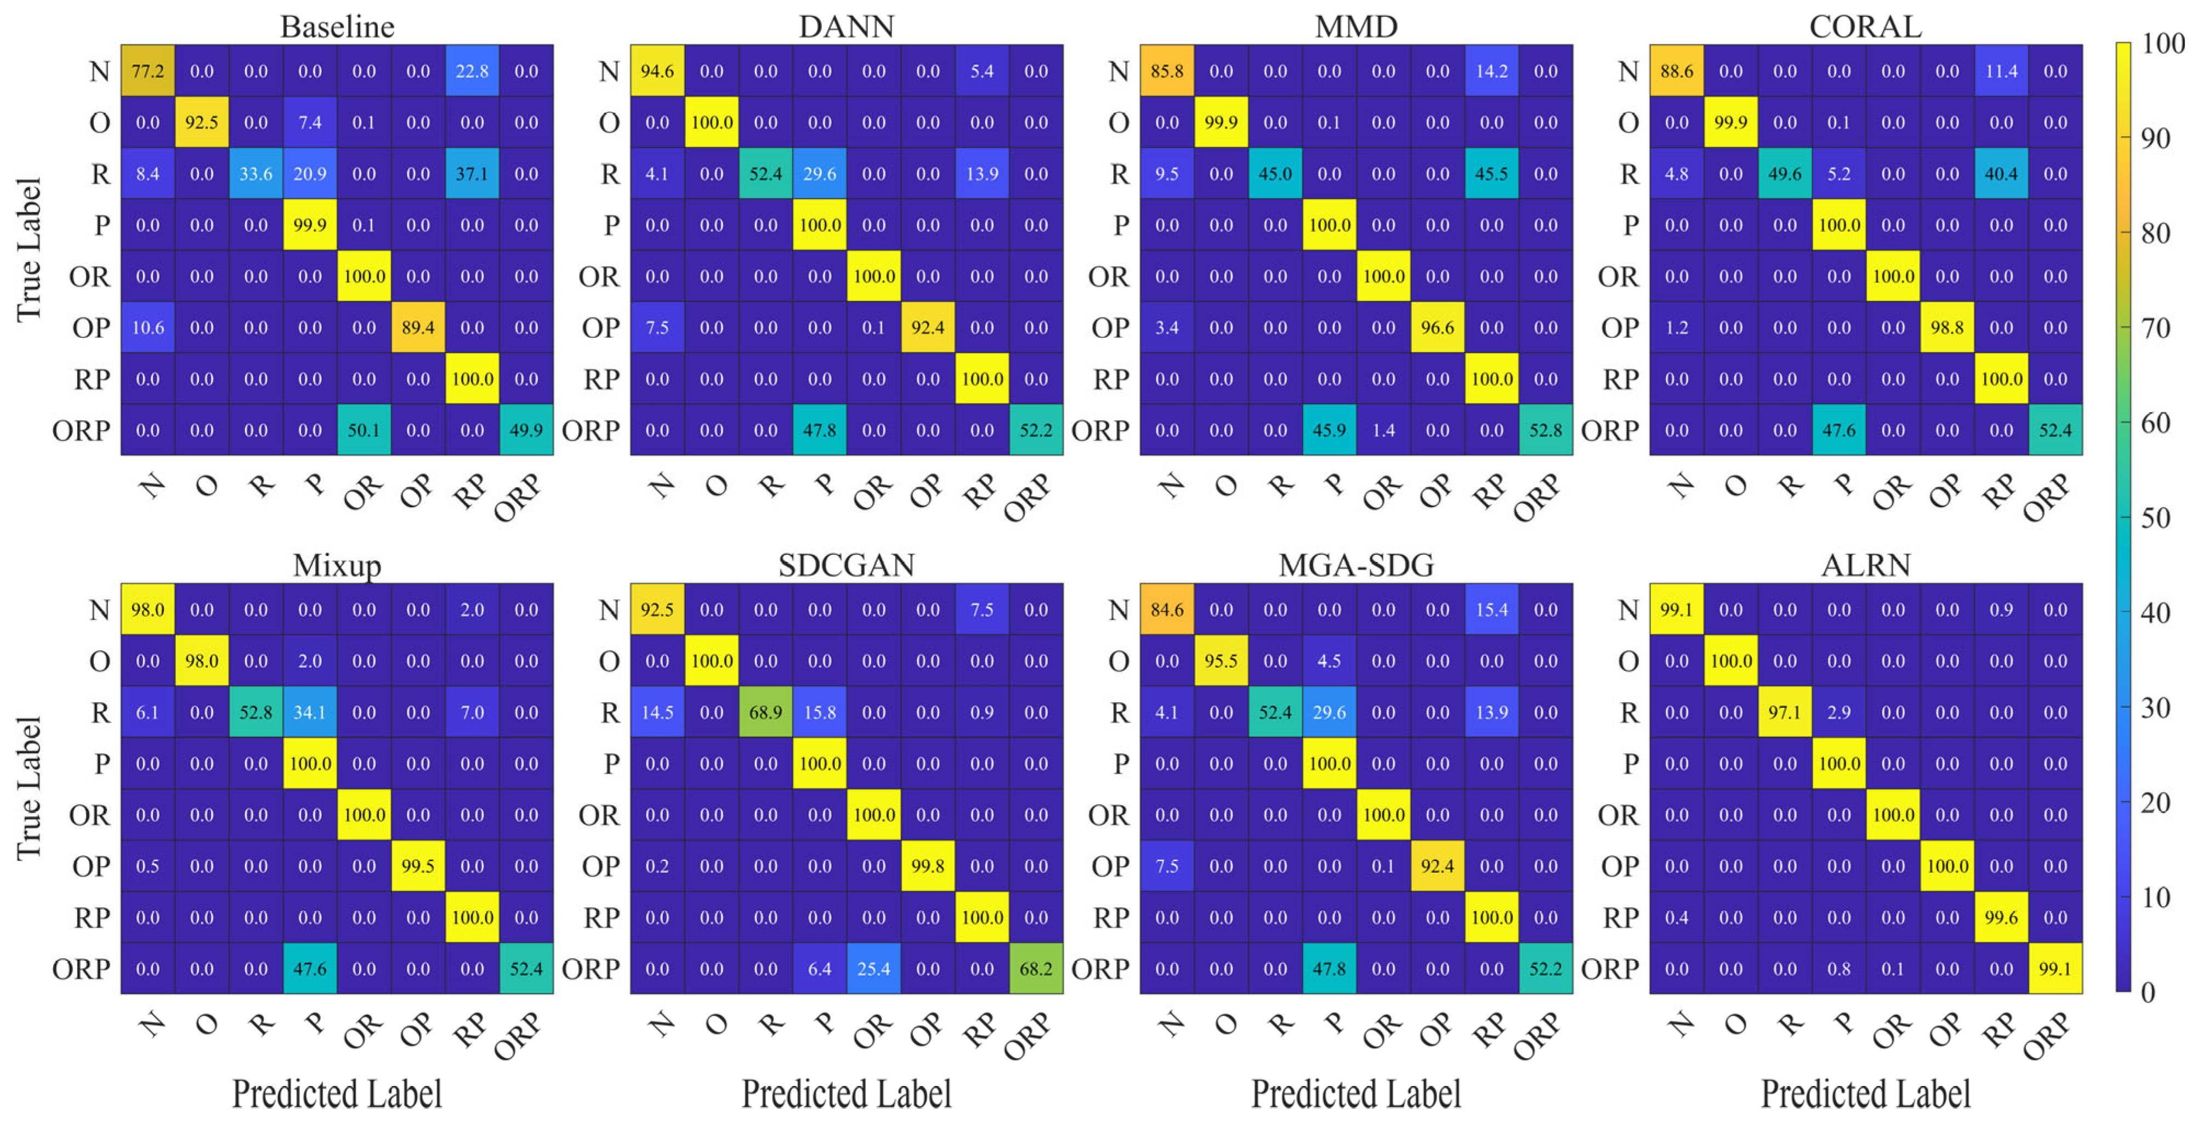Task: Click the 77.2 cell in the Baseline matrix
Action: [148, 71]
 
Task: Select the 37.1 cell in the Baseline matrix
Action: [472, 174]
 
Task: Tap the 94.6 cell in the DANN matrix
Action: [657, 71]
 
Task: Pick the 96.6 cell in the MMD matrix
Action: [1437, 327]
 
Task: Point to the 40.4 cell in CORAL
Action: [2001, 174]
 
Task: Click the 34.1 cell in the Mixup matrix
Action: [309, 712]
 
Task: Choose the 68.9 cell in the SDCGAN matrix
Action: [765, 712]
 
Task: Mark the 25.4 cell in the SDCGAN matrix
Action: [873, 969]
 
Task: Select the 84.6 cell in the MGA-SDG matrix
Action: [1167, 610]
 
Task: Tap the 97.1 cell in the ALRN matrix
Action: [1785, 712]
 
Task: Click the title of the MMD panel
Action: [1356, 26]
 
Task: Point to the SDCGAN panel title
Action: [846, 565]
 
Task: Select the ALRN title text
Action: [1865, 565]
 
